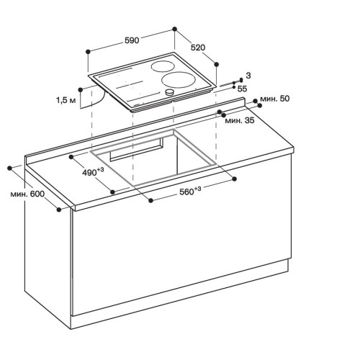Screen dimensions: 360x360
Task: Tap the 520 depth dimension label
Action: click(198, 48)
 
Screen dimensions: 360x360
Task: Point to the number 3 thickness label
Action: click(247, 76)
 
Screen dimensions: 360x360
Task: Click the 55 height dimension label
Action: click(242, 88)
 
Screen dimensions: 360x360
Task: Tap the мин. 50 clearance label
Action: click(275, 98)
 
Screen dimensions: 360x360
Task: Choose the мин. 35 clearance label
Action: click(240, 120)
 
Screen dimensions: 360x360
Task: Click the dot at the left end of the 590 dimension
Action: click(88, 51)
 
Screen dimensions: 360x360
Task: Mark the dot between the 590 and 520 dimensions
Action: click(175, 30)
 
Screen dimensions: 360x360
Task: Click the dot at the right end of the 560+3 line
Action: click(236, 179)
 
